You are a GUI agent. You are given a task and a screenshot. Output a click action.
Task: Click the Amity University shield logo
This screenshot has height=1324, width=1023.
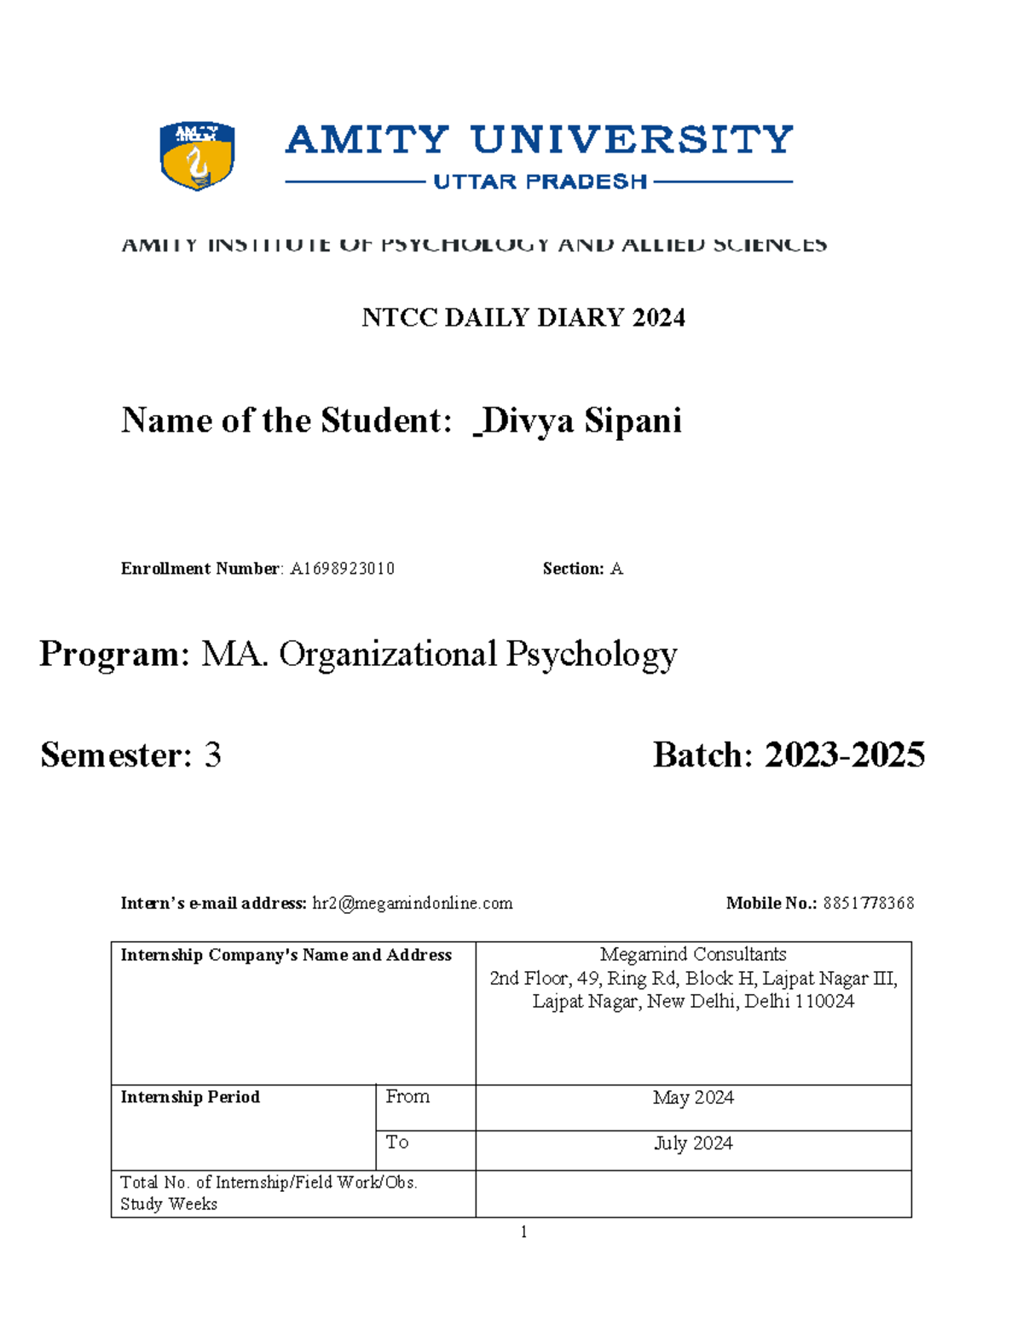coord(197,155)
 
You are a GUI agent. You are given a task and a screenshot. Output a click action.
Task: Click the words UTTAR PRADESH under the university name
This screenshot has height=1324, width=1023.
coord(540,182)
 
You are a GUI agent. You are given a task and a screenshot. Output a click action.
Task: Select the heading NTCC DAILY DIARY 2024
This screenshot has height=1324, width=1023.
coord(523,318)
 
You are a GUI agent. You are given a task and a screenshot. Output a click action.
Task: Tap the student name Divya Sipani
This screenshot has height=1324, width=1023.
coord(582,421)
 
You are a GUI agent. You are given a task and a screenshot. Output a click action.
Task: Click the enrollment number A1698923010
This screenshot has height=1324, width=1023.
coord(342,569)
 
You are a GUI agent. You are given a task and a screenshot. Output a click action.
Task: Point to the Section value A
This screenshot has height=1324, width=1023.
coord(616,569)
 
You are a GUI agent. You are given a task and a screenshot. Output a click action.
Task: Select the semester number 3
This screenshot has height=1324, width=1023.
coord(212,755)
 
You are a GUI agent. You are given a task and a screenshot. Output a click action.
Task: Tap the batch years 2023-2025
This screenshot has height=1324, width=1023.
coord(844,755)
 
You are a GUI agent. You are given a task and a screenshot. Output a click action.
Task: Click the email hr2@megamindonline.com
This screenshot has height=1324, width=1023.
coord(413,904)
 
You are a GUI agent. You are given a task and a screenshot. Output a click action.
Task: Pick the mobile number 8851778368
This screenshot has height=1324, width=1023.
coord(868,904)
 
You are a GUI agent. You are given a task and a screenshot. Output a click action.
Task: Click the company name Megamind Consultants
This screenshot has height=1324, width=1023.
coord(692,955)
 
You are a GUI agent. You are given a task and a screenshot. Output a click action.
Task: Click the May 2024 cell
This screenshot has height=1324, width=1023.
coord(693,1098)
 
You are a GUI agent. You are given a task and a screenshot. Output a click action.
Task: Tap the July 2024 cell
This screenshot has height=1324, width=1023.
coord(693,1143)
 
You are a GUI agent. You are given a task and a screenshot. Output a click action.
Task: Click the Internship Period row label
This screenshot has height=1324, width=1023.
coord(190,1097)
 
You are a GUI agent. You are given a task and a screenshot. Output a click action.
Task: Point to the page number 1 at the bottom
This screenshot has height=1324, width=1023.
coord(523,1231)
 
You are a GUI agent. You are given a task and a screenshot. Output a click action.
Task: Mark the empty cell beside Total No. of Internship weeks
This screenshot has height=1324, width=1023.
coord(693,1194)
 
